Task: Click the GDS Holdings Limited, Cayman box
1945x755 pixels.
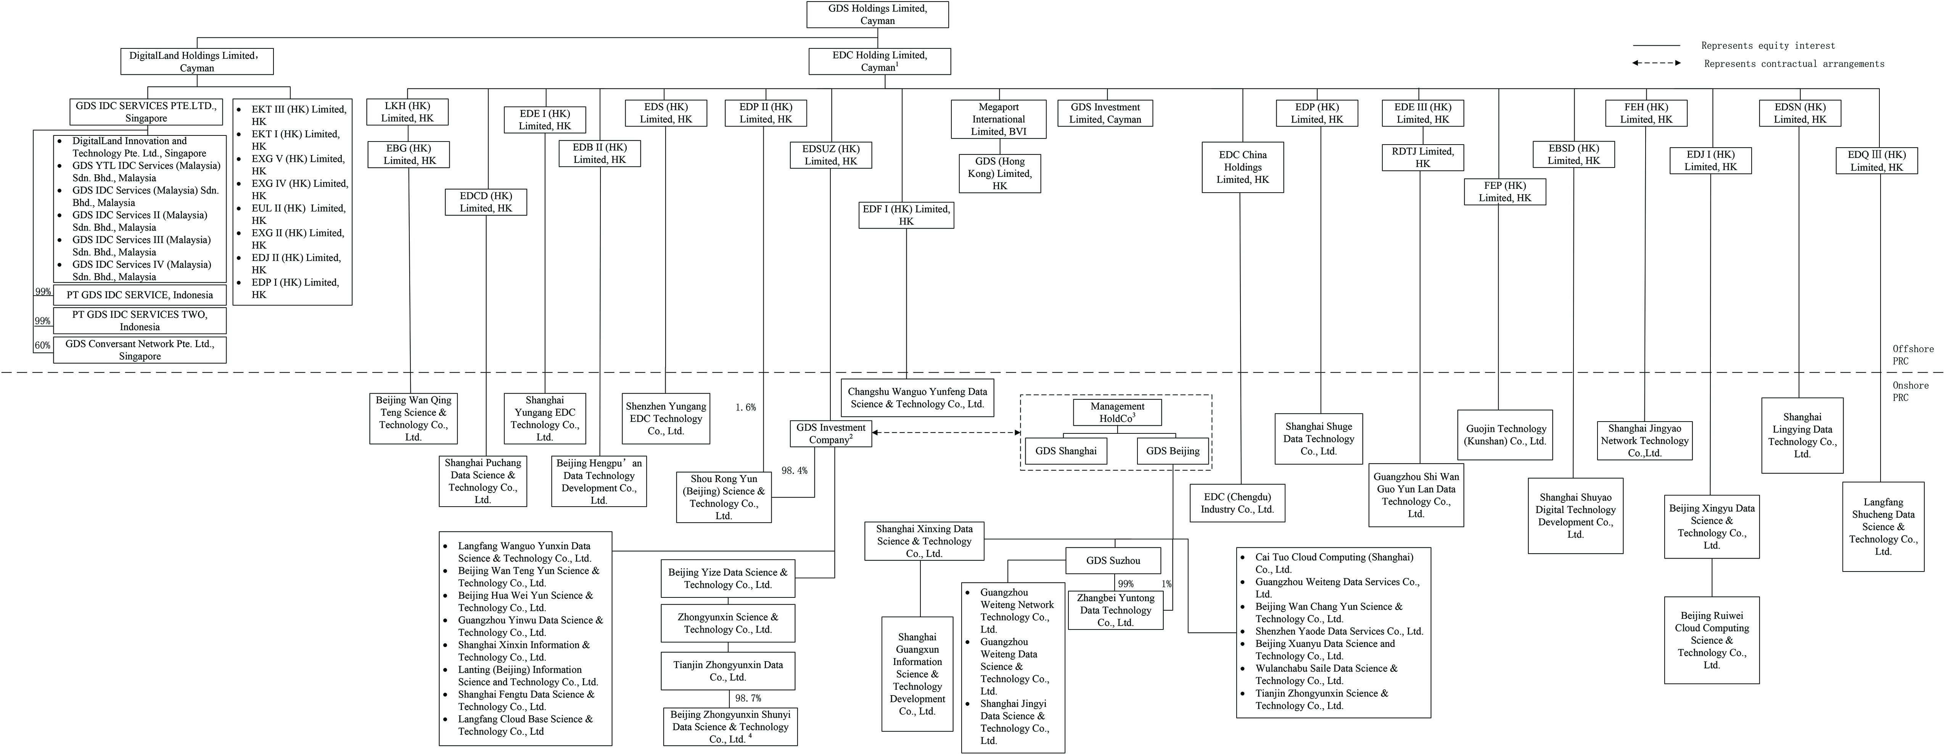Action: pyautogui.click(x=877, y=14)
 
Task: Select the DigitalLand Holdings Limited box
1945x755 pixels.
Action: pyautogui.click(x=197, y=61)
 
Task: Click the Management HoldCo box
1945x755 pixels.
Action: pyautogui.click(x=1118, y=412)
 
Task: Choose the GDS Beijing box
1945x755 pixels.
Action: pyautogui.click(x=1173, y=451)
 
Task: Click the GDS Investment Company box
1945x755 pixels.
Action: pyautogui.click(x=830, y=433)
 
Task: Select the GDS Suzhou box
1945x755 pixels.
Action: pyautogui.click(x=1113, y=560)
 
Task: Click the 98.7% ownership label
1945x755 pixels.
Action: pyautogui.click(x=748, y=699)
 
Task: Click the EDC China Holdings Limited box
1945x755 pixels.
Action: pyautogui.click(x=1243, y=167)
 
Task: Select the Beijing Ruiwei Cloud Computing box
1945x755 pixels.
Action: pyautogui.click(x=1712, y=640)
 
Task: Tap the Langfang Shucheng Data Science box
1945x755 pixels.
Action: pyautogui.click(x=1883, y=526)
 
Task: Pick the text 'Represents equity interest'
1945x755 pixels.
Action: pyautogui.click(x=1768, y=45)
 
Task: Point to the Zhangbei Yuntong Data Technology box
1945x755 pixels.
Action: pyautogui.click(x=1115, y=610)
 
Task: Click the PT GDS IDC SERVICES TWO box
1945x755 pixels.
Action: pyautogui.click(x=140, y=320)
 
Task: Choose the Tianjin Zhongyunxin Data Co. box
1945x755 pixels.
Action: pyautogui.click(x=728, y=670)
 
